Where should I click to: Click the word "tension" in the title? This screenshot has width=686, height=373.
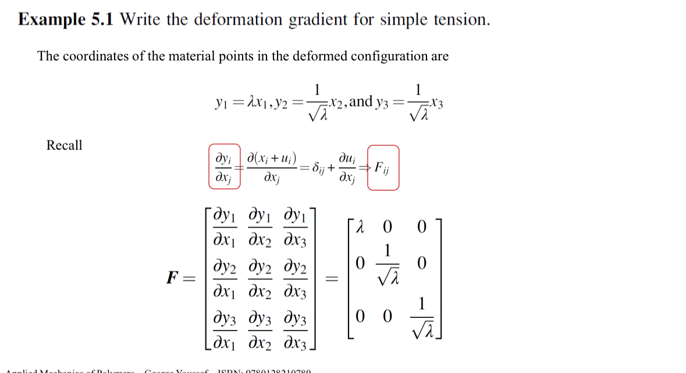point(460,20)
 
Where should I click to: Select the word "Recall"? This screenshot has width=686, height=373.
point(65,145)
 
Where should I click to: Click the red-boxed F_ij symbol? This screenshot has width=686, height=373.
point(383,168)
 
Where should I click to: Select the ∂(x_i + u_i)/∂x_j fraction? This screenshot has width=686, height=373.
point(272,168)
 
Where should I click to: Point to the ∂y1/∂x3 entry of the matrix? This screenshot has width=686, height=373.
point(296,227)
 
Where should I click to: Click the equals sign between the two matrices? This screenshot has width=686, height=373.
point(330,279)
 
